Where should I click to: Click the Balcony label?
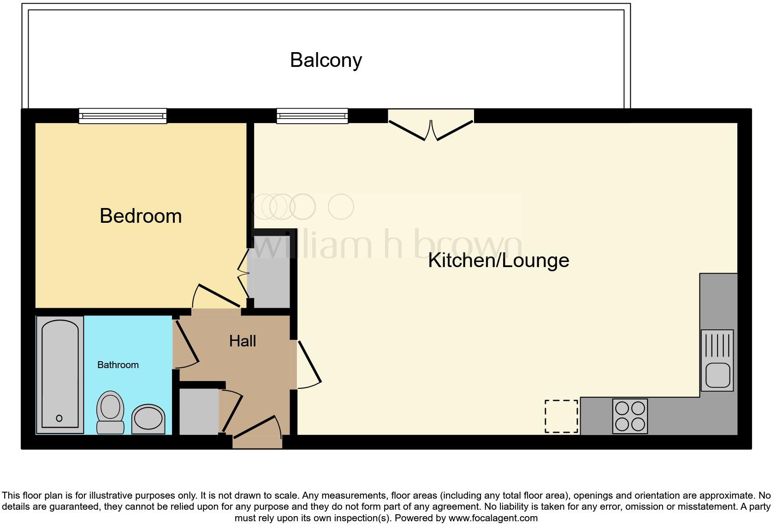coord(326,60)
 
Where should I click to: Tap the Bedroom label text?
coord(141,216)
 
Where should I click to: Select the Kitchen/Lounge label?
coord(498,260)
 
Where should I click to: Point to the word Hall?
coord(243,341)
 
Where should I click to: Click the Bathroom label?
coord(118,365)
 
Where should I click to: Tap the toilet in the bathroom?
coord(111,412)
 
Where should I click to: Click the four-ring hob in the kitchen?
coord(630,416)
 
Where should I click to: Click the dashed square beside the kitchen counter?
coord(561,416)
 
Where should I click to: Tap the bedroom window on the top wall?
coord(123,116)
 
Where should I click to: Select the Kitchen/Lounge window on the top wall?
coord(312,116)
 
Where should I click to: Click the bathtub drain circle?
coord(59,418)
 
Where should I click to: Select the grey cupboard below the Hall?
coord(199,411)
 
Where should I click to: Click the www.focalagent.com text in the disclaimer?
coord(493,518)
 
